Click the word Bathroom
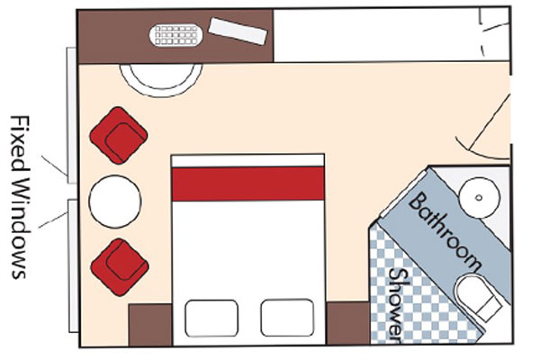tap(445, 231)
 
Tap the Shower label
tap(396, 305)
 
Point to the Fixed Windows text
tap(20, 197)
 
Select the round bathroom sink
tap(479, 198)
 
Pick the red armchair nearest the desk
tap(119, 135)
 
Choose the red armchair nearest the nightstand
tap(120, 267)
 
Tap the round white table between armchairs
tap(115, 202)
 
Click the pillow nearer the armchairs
tap(211, 318)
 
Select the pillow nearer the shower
tap(287, 318)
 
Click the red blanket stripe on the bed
tap(248, 184)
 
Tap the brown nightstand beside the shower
tap(347, 323)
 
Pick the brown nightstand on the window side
tap(150, 325)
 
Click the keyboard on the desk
tap(176, 35)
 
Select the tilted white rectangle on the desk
tap(238, 31)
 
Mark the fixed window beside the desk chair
tap(71, 115)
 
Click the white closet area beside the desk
tap(391, 35)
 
